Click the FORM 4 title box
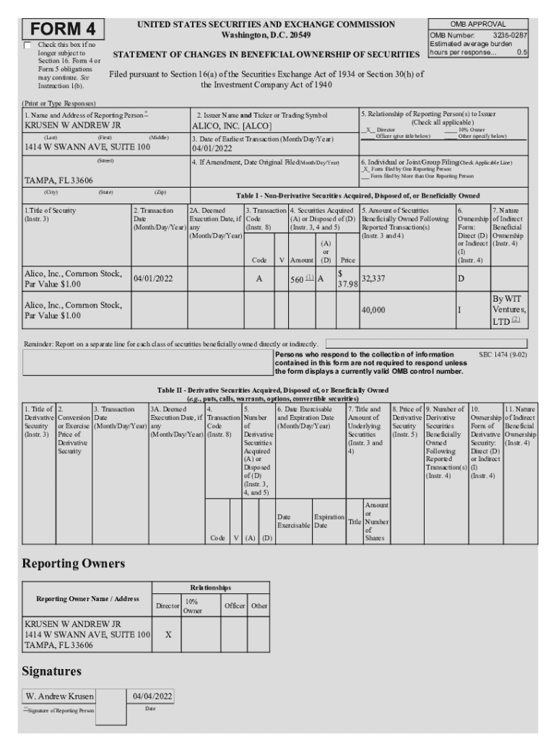point(63,30)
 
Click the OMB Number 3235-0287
point(479,34)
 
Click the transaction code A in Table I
point(259,279)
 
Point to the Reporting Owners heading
point(74,563)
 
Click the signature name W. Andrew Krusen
point(59,696)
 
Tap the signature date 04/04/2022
point(150,696)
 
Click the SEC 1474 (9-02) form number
point(503,355)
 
